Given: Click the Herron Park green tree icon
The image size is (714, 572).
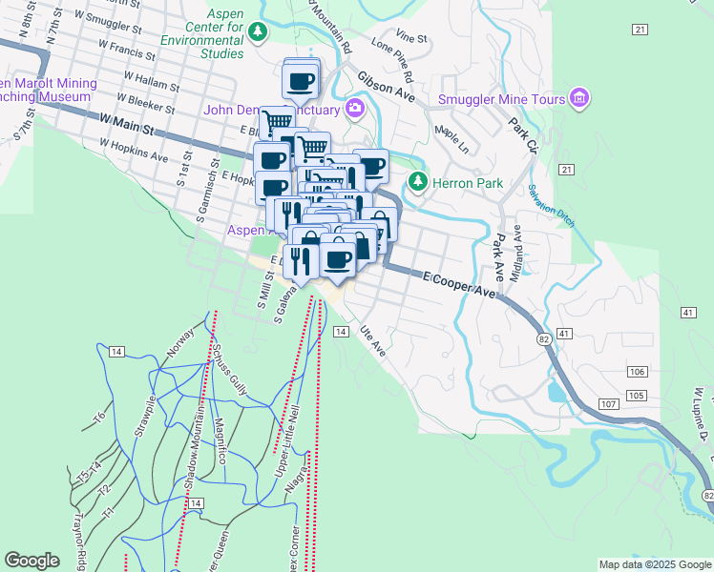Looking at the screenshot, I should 416,181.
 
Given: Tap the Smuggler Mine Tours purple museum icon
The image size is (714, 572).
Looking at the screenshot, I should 578,99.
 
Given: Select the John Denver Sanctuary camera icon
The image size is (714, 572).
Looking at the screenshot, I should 356,108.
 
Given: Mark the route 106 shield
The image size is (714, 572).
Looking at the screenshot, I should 638,371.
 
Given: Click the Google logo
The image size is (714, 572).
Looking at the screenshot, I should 32,561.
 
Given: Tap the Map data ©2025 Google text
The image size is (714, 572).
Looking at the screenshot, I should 654,564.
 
